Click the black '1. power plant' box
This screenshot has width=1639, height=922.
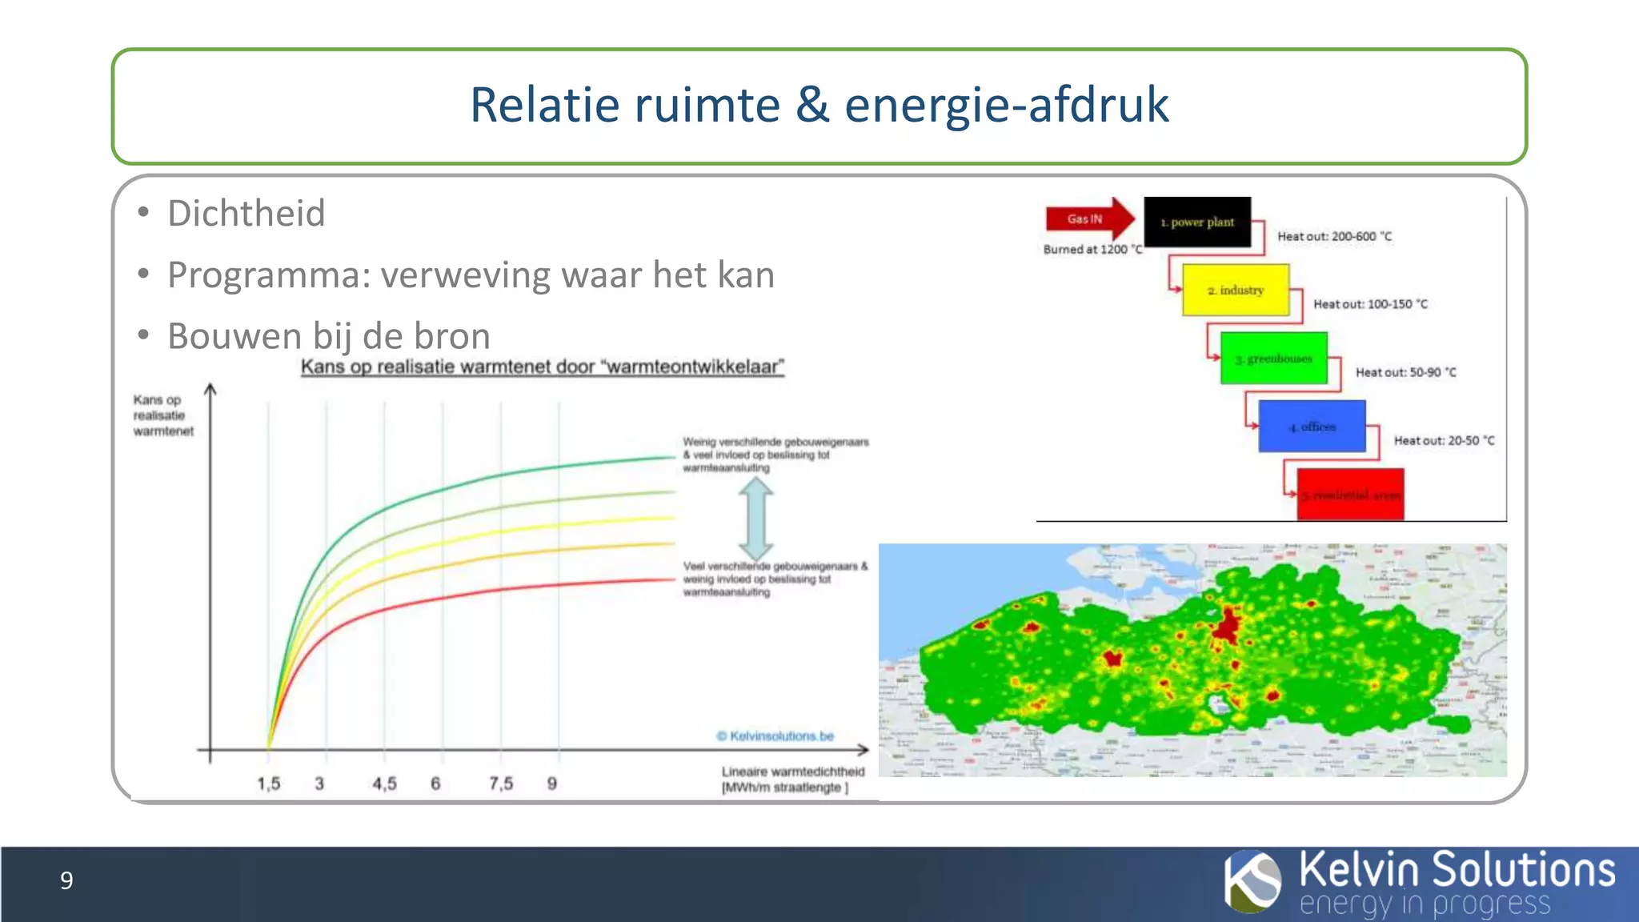[x=1197, y=222]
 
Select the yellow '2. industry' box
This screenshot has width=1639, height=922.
[x=1236, y=290]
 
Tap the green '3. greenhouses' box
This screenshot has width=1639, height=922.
[x=1273, y=359]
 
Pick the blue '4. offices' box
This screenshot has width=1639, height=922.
[x=1312, y=427]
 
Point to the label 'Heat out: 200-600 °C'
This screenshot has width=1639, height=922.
[x=1334, y=237]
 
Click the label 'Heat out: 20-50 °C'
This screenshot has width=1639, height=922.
[x=1444, y=440]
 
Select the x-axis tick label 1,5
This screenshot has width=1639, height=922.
[x=269, y=784]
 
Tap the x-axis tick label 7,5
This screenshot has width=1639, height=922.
[x=501, y=784]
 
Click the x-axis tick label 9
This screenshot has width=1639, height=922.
[x=552, y=784]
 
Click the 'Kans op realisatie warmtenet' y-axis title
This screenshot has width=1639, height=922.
[x=162, y=415]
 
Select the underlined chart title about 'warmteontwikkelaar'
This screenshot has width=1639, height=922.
[x=542, y=367]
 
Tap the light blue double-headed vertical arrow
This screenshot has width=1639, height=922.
[x=756, y=517]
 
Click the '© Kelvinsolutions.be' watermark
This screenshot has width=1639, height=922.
[x=775, y=736]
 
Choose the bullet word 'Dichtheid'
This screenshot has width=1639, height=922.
[x=246, y=214]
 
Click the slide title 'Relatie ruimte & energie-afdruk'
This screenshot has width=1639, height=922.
[x=819, y=105]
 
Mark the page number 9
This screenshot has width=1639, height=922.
[x=66, y=880]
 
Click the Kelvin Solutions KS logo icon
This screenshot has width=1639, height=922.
[x=1252, y=882]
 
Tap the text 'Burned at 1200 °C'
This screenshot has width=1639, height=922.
[x=1092, y=250]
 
